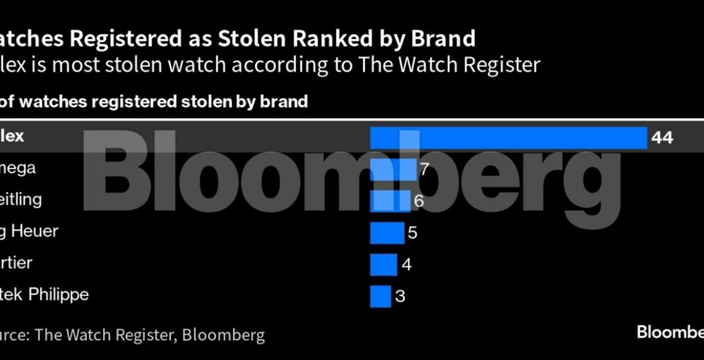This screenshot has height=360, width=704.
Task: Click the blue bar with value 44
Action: [508, 138]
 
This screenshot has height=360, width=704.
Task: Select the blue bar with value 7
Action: [393, 169]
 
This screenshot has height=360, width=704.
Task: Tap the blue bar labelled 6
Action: [390, 200]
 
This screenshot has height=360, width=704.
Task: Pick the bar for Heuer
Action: [387, 233]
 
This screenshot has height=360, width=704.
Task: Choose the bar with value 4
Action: [383, 264]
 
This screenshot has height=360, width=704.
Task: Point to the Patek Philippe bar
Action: [380, 296]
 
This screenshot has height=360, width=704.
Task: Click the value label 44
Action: [661, 138]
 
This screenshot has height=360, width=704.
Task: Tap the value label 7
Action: [424, 169]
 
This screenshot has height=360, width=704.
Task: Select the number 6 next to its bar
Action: [418, 200]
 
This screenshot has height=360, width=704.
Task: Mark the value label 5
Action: [413, 233]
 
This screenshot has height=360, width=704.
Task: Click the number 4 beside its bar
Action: [406, 264]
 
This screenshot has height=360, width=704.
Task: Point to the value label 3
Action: [400, 296]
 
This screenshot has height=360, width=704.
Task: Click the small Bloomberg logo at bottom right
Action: [670, 332]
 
